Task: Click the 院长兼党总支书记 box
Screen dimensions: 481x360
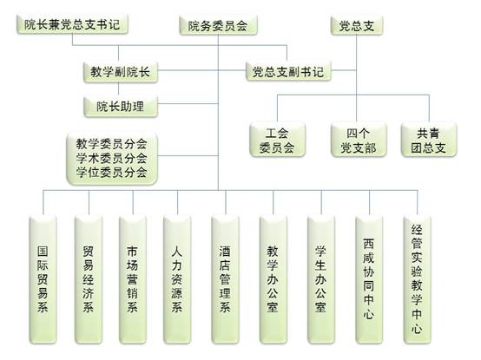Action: (x=72, y=24)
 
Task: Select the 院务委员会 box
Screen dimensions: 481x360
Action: (x=218, y=25)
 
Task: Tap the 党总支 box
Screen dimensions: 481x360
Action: (x=357, y=25)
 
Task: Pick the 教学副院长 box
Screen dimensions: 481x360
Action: (x=120, y=72)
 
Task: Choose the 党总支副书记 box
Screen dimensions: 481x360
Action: (x=288, y=72)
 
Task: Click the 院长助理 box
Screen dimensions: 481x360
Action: (x=120, y=107)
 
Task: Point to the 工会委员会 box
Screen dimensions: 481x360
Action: (x=277, y=140)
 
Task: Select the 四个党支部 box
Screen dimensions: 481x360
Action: (x=359, y=140)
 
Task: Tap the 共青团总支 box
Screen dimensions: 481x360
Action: (x=429, y=140)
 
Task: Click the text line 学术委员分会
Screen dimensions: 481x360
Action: (x=112, y=158)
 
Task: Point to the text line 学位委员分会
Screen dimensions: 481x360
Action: (x=112, y=172)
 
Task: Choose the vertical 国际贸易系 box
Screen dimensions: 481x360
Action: (x=43, y=279)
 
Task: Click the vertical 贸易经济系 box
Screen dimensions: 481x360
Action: (x=89, y=279)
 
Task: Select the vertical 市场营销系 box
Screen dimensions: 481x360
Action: (x=133, y=279)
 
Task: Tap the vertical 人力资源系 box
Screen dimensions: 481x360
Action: (x=177, y=279)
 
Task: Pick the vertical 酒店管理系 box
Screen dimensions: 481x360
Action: (x=225, y=279)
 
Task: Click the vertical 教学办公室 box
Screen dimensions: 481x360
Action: (x=273, y=279)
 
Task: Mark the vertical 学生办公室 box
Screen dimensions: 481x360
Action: (x=321, y=279)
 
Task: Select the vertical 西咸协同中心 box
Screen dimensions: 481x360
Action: (x=369, y=279)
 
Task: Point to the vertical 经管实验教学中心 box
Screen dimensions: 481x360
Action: (x=417, y=279)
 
